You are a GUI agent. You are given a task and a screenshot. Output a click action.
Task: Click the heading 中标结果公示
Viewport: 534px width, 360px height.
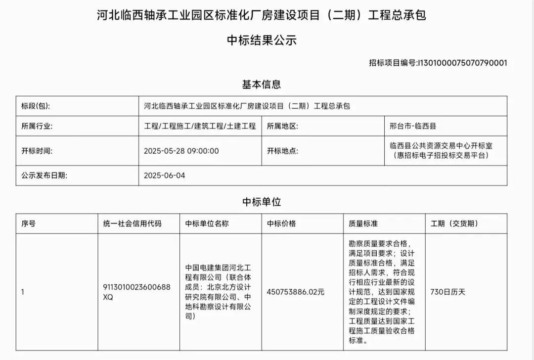click(262, 40)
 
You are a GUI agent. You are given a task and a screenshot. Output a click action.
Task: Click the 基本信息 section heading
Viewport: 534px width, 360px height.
click(261, 84)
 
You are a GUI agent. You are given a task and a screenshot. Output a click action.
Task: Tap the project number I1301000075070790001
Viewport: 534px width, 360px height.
click(462, 63)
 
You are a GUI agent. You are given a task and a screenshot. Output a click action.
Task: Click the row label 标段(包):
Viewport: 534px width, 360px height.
click(35, 106)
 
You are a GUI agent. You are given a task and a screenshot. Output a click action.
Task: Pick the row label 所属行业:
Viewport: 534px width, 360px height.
click(37, 126)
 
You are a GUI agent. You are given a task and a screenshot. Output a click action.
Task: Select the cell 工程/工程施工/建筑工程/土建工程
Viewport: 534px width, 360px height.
click(200, 126)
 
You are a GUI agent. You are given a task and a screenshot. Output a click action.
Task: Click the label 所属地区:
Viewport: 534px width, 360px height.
click(282, 126)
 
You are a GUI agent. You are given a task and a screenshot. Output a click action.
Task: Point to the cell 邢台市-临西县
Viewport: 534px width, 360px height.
click(413, 126)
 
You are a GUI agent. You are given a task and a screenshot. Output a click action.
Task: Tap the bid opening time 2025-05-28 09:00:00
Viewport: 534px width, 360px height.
click(181, 151)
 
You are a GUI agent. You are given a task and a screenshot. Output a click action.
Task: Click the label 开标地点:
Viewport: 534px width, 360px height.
click(282, 151)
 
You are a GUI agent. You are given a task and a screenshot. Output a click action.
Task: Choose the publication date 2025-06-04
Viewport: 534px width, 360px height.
click(164, 176)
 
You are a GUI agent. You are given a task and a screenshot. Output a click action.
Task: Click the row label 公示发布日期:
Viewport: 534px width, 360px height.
click(44, 176)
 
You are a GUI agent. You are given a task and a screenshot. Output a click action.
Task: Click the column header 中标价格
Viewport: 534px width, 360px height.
click(281, 224)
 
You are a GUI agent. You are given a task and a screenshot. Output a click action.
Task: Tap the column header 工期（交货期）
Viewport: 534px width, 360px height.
click(454, 224)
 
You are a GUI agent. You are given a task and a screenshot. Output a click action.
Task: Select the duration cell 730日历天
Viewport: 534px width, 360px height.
click(448, 292)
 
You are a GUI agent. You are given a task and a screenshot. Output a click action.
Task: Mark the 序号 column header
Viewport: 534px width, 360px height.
click(28, 224)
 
